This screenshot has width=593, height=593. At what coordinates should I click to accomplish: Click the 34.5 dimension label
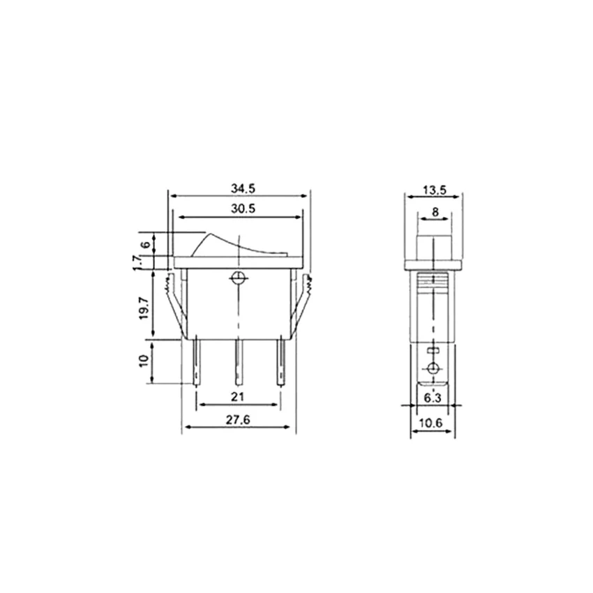pyautogui.click(x=243, y=188)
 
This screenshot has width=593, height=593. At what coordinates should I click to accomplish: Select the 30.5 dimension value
pyautogui.click(x=243, y=209)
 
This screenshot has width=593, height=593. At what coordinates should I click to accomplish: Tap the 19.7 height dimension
pyautogui.click(x=144, y=307)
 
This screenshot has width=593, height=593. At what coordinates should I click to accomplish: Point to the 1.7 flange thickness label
pyautogui.click(x=137, y=262)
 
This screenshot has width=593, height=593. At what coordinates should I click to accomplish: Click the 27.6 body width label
pyautogui.click(x=239, y=420)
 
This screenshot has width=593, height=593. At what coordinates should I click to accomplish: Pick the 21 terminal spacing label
pyautogui.click(x=237, y=397)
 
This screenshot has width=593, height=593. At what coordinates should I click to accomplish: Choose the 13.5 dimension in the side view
pyautogui.click(x=435, y=190)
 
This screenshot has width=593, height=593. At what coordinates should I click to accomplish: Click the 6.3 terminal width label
pyautogui.click(x=432, y=398)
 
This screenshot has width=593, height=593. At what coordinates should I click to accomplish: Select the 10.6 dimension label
pyautogui.click(x=430, y=423)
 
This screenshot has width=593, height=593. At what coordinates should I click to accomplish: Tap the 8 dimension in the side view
pyautogui.click(x=435, y=212)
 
